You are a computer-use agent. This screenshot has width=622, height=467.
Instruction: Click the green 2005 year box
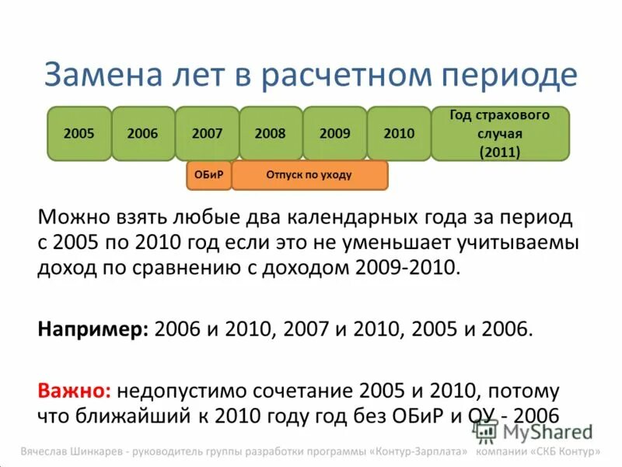[79, 134]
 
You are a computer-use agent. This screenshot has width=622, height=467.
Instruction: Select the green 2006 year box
[142, 134]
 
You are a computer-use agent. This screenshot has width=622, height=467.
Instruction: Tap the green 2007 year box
[207, 134]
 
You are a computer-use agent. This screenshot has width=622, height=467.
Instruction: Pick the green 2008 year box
[271, 134]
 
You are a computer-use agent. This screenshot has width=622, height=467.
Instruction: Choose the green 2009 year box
[334, 134]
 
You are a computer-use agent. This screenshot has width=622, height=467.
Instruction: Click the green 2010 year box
[399, 134]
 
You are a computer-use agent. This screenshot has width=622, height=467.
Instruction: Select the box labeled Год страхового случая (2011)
[500, 134]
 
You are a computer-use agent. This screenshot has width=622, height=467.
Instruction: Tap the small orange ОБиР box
[208, 175]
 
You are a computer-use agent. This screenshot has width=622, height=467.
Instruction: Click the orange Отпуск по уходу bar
[309, 175]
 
